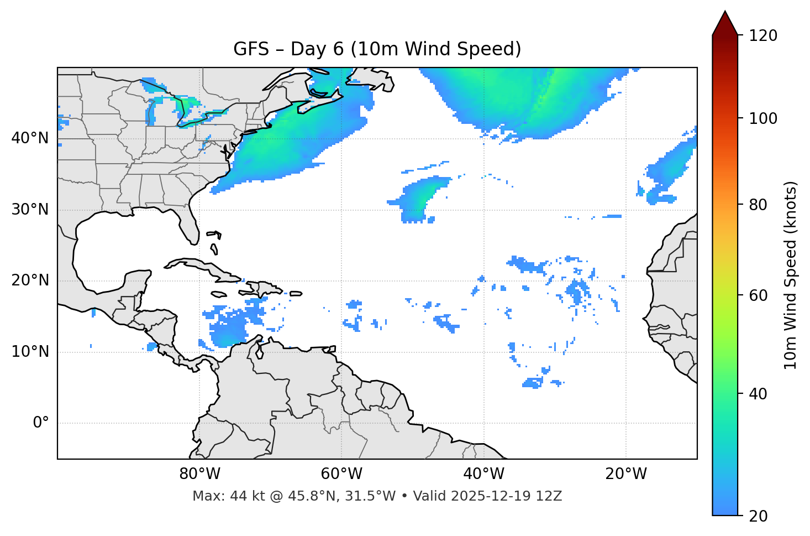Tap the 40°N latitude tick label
coord(30,138)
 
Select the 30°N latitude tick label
coord(30,210)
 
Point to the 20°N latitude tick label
coord(30,280)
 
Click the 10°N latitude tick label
coord(30,352)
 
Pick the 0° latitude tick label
coord(41,423)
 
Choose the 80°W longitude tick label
coord(199,474)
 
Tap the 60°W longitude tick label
coord(341,474)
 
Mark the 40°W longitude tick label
coord(483,474)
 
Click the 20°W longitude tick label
coord(625,474)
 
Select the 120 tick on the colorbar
coord(763,36)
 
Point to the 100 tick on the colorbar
coord(763,118)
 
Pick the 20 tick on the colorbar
coord(758,516)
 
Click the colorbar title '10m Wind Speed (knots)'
coord(791,275)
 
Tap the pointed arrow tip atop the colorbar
coord(725,12)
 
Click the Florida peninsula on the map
coord(191,227)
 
